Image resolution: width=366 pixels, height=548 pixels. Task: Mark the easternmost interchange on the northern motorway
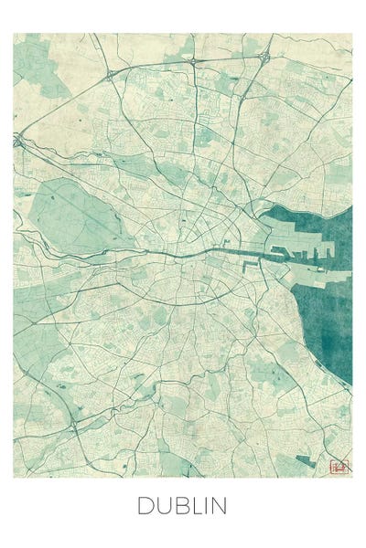pos(264,57)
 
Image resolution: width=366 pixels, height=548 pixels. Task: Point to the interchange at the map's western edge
pos(17,141)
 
